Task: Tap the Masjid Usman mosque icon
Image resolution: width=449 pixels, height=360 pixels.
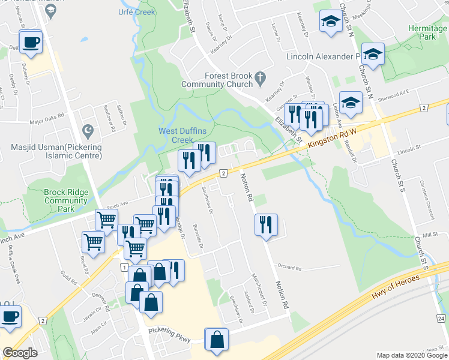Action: coord(88,130)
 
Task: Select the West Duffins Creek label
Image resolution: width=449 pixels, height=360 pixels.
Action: coord(176,136)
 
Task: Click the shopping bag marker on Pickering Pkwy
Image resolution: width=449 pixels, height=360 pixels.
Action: coord(217,340)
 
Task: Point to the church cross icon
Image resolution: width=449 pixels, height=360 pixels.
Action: coord(259,77)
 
